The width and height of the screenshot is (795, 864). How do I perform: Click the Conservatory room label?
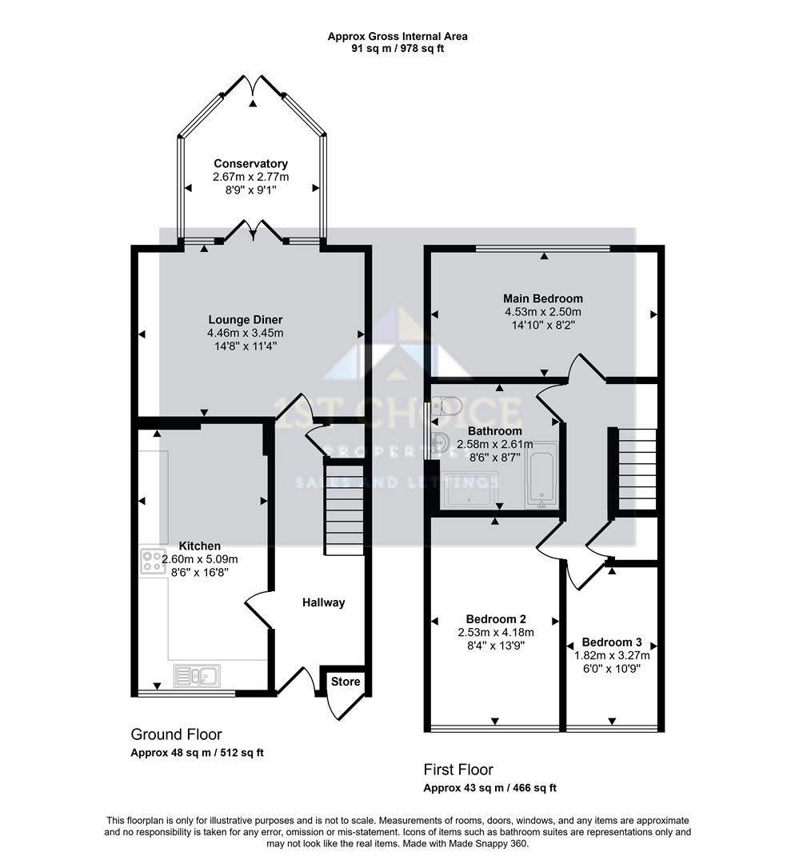[250, 164]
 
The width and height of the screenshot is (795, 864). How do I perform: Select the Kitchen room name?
[199, 546]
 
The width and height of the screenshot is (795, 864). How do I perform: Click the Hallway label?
[323, 602]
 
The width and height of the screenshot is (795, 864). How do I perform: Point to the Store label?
[346, 682]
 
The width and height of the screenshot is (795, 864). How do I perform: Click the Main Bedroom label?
[543, 299]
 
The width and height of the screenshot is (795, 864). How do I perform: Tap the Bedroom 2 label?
[495, 618]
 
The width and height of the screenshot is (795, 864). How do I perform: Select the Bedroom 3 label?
[611, 642]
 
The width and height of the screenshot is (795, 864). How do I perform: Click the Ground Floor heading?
[176, 734]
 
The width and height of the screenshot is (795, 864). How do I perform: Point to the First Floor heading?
[458, 770]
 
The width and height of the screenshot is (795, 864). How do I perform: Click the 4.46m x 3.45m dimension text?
[245, 334]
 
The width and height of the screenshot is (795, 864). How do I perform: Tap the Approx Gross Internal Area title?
[397, 36]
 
